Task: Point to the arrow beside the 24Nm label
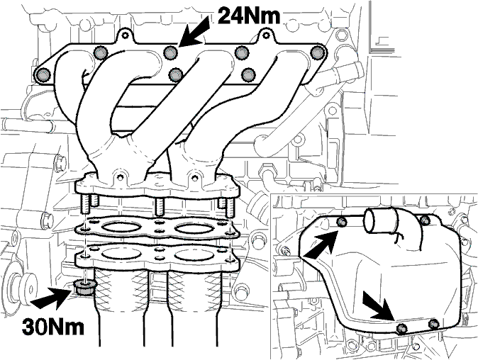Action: (194, 32)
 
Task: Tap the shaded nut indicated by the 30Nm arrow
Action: (84, 287)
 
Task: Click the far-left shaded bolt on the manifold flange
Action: (42, 74)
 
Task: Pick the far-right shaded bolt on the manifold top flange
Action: (318, 53)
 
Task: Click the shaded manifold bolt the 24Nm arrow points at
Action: (170, 53)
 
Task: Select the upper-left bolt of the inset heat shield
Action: (342, 222)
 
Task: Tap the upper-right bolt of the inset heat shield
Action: (425, 219)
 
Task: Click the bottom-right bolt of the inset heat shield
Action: (433, 324)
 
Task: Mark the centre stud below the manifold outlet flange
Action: (160, 206)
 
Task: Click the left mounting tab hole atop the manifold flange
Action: (124, 35)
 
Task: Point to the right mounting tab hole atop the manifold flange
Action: (266, 35)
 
